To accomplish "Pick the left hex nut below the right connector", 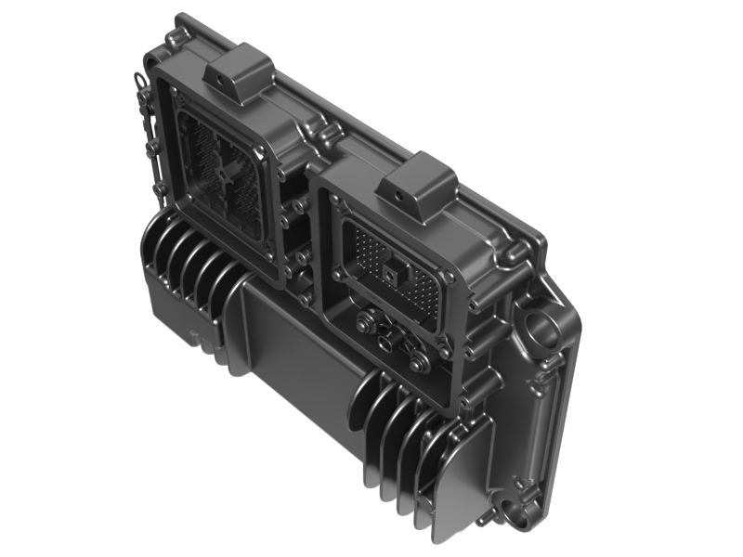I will coord(366,325).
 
